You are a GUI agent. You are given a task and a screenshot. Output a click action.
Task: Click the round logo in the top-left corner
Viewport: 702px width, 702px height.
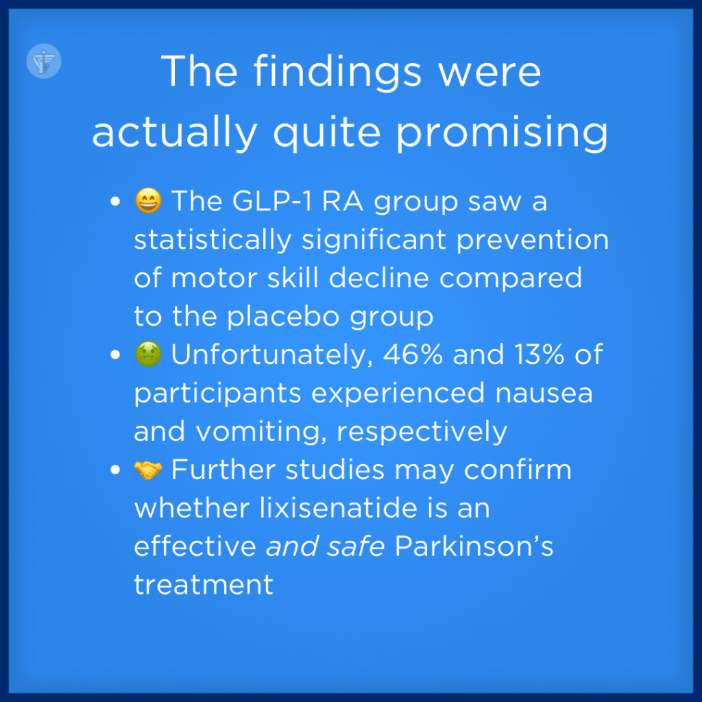44,61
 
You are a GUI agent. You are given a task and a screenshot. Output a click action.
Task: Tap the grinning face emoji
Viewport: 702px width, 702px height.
148,201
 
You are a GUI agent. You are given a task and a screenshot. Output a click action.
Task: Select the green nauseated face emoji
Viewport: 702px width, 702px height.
148,354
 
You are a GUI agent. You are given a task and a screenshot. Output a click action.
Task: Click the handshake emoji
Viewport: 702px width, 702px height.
148,470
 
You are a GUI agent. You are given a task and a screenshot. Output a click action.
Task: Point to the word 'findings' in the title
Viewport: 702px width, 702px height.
337,71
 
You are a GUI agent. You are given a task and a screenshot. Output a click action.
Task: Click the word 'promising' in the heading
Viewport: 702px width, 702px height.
502,133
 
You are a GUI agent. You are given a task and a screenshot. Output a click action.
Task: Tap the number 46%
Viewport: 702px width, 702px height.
413,354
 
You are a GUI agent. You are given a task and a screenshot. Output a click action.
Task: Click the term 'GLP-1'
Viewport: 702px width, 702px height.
272,201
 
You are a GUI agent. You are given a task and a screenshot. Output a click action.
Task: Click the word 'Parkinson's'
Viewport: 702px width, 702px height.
474,546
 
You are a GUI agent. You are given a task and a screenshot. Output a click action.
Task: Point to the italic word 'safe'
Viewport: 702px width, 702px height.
356,546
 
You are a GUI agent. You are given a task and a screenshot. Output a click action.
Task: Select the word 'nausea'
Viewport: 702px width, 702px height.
544,394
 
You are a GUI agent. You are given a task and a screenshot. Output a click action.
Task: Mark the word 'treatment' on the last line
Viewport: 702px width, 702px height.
204,585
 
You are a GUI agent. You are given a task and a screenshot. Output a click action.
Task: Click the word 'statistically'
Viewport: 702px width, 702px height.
213,240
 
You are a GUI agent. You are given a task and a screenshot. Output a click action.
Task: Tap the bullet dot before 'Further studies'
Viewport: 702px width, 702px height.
115,470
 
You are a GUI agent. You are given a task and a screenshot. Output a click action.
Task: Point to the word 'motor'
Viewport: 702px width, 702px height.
214,278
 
